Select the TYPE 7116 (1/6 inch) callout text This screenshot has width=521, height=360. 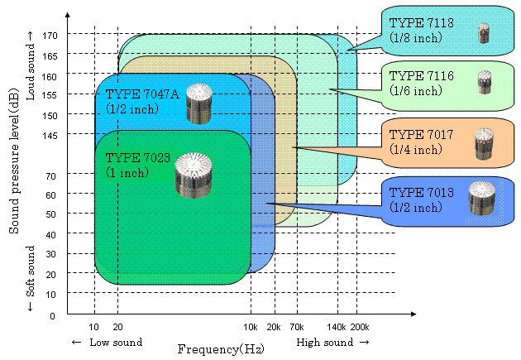point(422,83)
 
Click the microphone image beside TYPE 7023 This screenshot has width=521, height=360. point(194,175)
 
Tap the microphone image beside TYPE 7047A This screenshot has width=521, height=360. point(199,104)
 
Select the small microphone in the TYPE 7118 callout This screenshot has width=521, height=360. point(485,33)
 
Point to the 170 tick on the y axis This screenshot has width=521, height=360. point(49,36)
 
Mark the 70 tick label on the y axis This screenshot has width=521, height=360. point(51,175)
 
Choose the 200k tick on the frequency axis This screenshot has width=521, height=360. point(360,329)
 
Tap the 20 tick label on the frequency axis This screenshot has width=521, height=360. point(117,329)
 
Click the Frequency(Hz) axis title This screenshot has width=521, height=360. point(221,349)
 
